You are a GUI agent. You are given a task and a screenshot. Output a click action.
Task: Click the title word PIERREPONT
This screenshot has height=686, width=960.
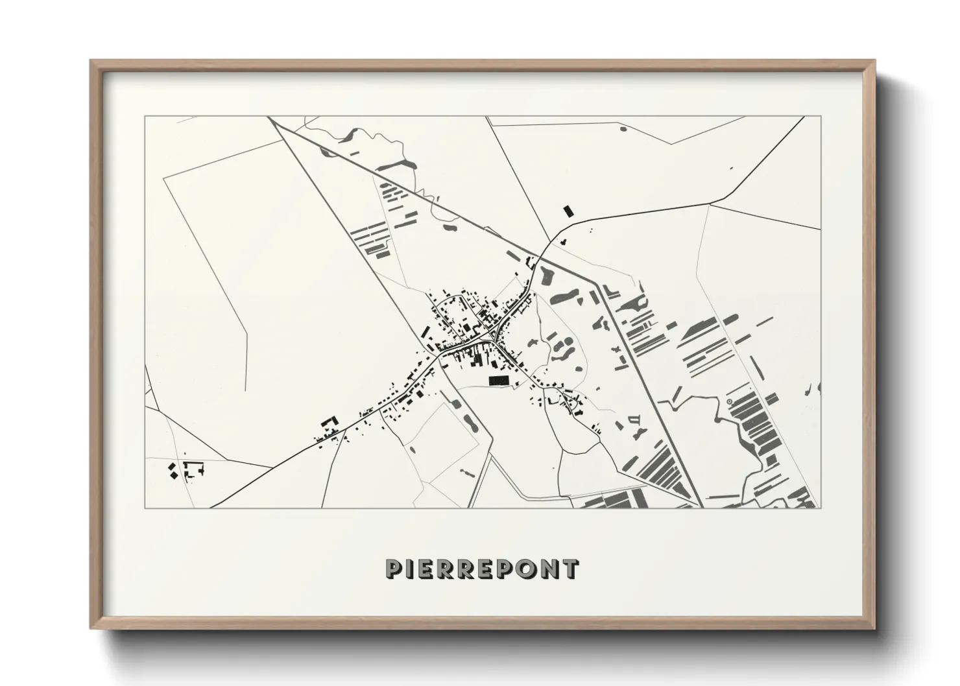(481, 569)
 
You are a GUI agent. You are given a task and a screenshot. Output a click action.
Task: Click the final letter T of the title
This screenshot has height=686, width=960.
(570, 569)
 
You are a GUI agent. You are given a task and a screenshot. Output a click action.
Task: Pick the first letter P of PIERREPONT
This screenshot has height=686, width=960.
(394, 569)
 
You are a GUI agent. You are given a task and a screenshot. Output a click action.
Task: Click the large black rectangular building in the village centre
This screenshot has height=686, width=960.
(498, 381)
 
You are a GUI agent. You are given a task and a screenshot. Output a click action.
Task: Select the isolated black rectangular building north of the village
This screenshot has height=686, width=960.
(569, 211)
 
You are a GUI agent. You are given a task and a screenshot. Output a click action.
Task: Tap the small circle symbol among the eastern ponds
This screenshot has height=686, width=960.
(730, 402)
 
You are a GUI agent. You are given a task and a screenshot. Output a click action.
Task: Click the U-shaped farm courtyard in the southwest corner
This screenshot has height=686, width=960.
(193, 469)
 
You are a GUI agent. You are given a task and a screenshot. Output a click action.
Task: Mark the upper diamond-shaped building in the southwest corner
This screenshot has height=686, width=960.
(172, 466)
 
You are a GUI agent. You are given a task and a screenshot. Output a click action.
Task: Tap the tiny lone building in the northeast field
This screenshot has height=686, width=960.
(731, 169)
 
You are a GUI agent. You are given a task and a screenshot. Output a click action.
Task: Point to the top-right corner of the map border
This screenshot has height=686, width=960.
(821, 117)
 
